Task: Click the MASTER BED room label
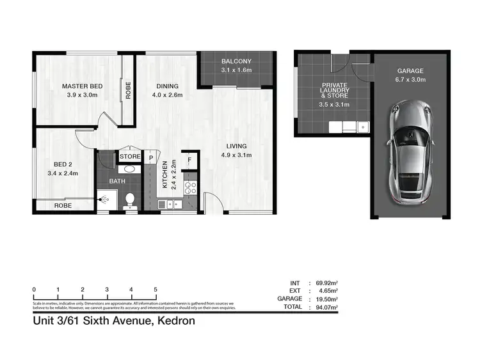[82, 86]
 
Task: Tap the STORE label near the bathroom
[129, 155]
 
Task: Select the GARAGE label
[410, 71]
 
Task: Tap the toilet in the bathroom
[130, 200]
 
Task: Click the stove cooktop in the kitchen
[191, 187]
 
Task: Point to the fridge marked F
[190, 160]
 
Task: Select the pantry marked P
[152, 158]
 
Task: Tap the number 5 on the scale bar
[156, 290]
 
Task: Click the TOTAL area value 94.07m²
[327, 306]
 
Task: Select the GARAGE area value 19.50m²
[327, 299]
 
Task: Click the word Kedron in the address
[174, 321]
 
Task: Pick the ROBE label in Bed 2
[63, 205]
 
